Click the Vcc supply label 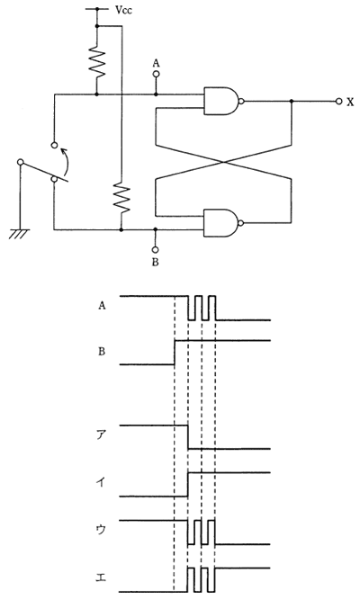[123, 10]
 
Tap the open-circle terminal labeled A [156, 75]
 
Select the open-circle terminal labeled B [155, 250]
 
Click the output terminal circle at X [338, 102]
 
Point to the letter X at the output [350, 102]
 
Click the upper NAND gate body [221, 102]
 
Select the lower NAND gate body [221, 223]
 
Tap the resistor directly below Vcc [97, 61]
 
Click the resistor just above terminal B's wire [121, 198]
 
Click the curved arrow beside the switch [67, 162]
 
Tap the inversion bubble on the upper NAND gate [241, 102]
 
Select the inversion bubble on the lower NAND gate [241, 223]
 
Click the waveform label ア [100, 436]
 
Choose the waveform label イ [100, 483]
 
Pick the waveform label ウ [100, 531]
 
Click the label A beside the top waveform [102, 305]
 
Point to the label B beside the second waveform [102, 352]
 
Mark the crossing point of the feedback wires [223, 162]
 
